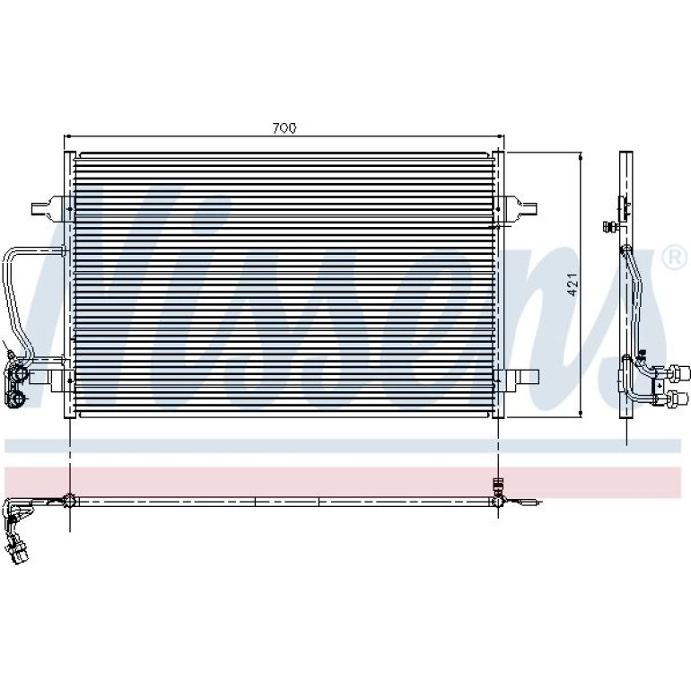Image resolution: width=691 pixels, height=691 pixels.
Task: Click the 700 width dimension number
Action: pyautogui.click(x=284, y=128)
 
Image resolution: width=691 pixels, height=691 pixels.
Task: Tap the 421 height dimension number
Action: pyautogui.click(x=573, y=284)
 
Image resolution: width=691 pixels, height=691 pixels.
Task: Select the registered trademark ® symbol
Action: pyautogui.click(x=675, y=258)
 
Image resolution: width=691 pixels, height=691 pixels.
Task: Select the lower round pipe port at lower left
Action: pyautogui.click(x=18, y=398)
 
